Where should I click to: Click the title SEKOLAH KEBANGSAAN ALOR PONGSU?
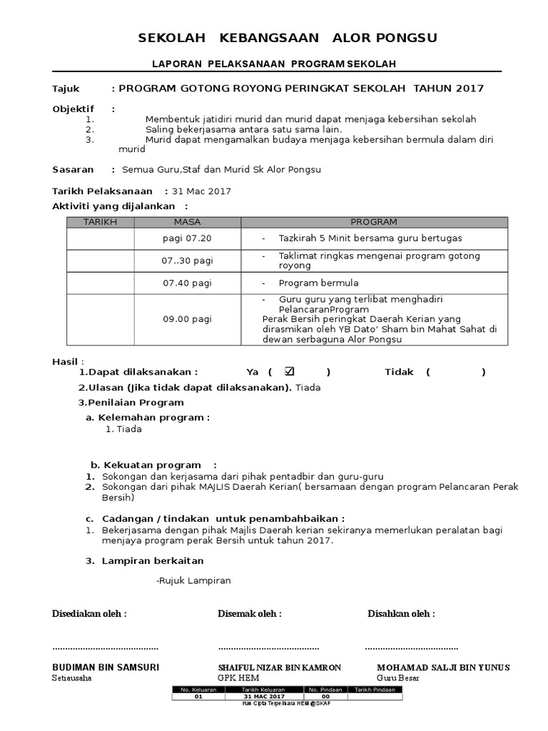[x=288, y=37]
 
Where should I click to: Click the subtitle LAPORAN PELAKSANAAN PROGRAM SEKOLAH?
[x=274, y=64]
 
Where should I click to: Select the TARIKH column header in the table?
[x=100, y=222]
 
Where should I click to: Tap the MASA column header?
[x=187, y=222]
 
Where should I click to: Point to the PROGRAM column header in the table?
[x=373, y=222]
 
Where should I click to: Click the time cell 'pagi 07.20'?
[x=187, y=238]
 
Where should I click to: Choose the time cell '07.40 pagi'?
[x=187, y=283]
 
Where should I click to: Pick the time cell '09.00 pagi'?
[x=187, y=319]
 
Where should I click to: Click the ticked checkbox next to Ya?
[x=289, y=371]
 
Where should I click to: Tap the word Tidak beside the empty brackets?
[x=399, y=372]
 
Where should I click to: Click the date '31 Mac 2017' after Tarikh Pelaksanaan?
[x=201, y=191]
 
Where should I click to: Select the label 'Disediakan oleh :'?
[x=89, y=614]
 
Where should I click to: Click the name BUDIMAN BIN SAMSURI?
[x=106, y=667]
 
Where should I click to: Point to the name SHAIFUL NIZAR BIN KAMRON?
[x=279, y=667]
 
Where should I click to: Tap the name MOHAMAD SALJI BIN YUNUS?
[x=443, y=667]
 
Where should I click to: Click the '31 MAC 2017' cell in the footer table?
[x=264, y=697]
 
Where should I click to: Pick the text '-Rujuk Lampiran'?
[x=193, y=581]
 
